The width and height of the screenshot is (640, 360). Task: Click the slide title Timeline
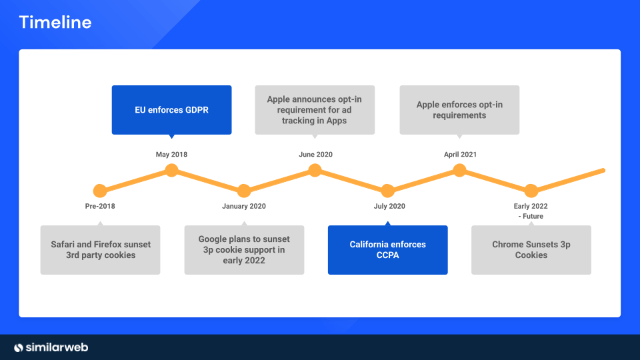click(x=55, y=22)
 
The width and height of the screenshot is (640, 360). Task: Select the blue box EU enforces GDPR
click(x=171, y=110)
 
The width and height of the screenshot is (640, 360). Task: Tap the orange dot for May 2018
click(x=171, y=170)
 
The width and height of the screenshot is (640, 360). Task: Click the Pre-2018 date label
click(x=100, y=206)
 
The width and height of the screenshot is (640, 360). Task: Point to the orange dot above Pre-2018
click(x=100, y=191)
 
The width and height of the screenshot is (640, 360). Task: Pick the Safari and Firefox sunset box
click(x=101, y=250)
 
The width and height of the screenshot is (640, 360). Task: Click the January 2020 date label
click(x=244, y=206)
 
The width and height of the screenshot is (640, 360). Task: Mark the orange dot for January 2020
click(x=244, y=191)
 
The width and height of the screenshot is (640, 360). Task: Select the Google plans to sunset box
click(x=244, y=250)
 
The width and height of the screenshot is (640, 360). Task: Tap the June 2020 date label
click(x=315, y=155)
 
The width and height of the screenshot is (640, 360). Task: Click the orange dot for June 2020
click(x=315, y=170)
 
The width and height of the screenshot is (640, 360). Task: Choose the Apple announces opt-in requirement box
click(x=315, y=110)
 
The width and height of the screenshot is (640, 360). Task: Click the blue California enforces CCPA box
click(x=387, y=250)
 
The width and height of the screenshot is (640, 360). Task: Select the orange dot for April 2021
click(x=459, y=170)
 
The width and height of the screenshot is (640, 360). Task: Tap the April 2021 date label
click(x=460, y=155)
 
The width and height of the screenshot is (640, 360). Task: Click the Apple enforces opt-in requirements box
click(x=459, y=110)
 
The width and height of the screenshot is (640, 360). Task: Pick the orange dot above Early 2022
click(x=531, y=191)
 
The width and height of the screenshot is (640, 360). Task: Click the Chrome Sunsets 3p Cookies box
click(x=531, y=250)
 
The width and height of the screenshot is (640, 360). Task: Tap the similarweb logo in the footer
click(x=51, y=347)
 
